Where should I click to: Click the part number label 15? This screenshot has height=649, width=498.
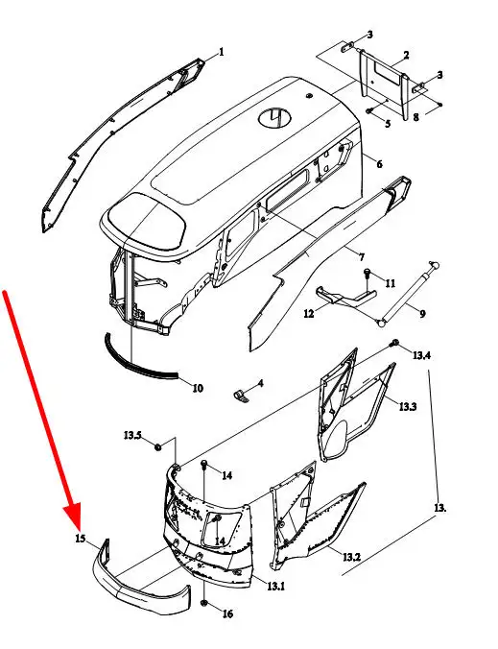coord(81,539)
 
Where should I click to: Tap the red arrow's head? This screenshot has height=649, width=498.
coord(73,515)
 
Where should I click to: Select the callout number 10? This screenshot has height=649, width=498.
coord(198,388)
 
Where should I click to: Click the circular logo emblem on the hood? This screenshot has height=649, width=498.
coord(275,118)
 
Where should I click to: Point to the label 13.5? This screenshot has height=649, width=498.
coord(132,435)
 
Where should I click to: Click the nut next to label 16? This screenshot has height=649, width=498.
coord(204,603)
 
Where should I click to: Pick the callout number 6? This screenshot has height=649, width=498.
coord(379,164)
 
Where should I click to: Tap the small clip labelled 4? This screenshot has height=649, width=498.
coord(239,395)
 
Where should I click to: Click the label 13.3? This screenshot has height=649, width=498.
coord(408,406)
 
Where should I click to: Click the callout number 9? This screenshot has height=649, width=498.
coord(422,314)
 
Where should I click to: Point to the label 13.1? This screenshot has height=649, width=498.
coord(275,586)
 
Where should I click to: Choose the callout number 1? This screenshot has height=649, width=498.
coord(222,52)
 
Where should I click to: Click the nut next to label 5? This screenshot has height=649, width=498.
coord(369,110)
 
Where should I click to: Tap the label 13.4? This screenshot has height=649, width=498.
coord(421,355)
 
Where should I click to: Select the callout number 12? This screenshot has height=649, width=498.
coord(309,313)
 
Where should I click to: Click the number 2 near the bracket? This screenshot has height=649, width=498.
coord(406,55)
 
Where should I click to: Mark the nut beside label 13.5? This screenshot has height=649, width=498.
coord(157,447)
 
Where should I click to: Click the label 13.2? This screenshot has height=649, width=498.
coord(351,557)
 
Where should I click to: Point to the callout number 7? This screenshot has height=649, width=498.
coord(362,257)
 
